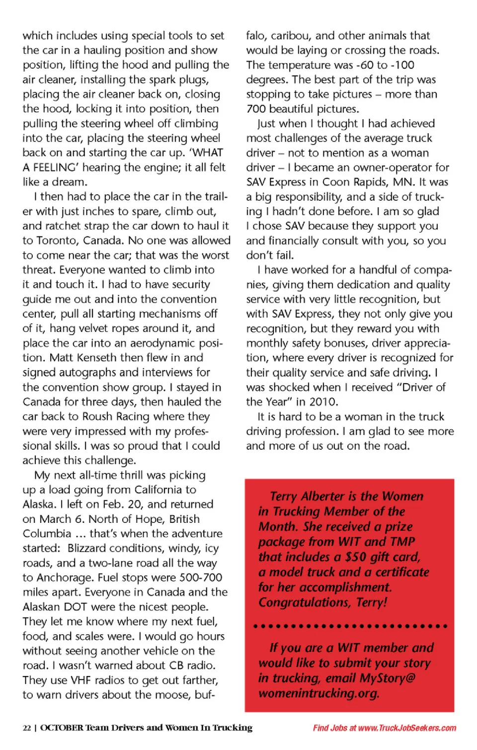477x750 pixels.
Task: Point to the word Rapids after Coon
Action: pyautogui.click(x=372, y=182)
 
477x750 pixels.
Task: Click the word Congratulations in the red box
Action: pyautogui.click(x=305, y=603)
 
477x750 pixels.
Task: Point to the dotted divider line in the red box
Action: pyautogui.click(x=350, y=626)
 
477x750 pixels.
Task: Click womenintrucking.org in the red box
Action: pyautogui.click(x=318, y=693)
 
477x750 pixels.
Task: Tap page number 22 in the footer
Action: pyautogui.click(x=27, y=728)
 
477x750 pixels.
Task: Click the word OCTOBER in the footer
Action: pyautogui.click(x=62, y=728)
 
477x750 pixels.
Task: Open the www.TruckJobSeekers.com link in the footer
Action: pyautogui.click(x=407, y=728)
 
